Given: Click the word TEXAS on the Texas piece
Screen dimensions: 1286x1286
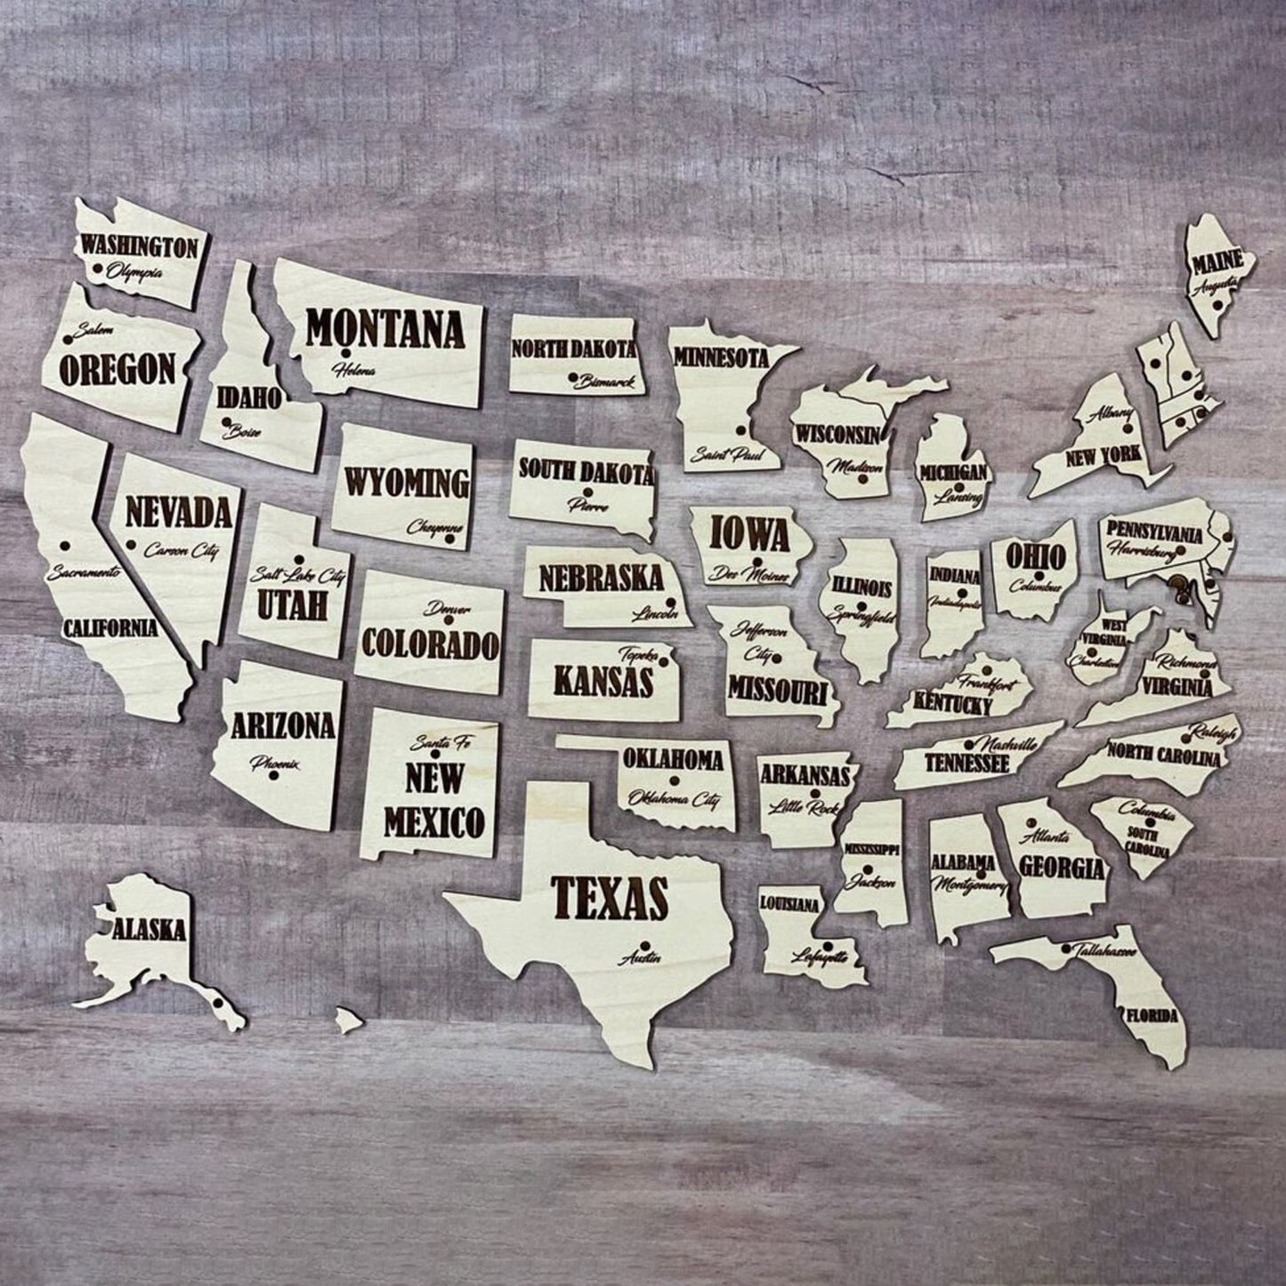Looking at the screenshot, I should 610,896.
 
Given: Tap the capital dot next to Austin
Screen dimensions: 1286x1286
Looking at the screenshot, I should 648,945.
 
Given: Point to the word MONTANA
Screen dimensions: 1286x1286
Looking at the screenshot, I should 385,330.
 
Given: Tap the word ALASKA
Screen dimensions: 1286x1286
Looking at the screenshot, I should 149,931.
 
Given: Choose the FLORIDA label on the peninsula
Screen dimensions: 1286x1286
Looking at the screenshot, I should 1151,1015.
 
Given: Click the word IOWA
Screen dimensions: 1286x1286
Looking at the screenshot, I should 749,535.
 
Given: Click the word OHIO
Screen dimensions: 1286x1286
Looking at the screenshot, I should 1036,557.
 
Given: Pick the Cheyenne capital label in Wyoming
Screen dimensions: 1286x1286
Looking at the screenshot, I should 435,528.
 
